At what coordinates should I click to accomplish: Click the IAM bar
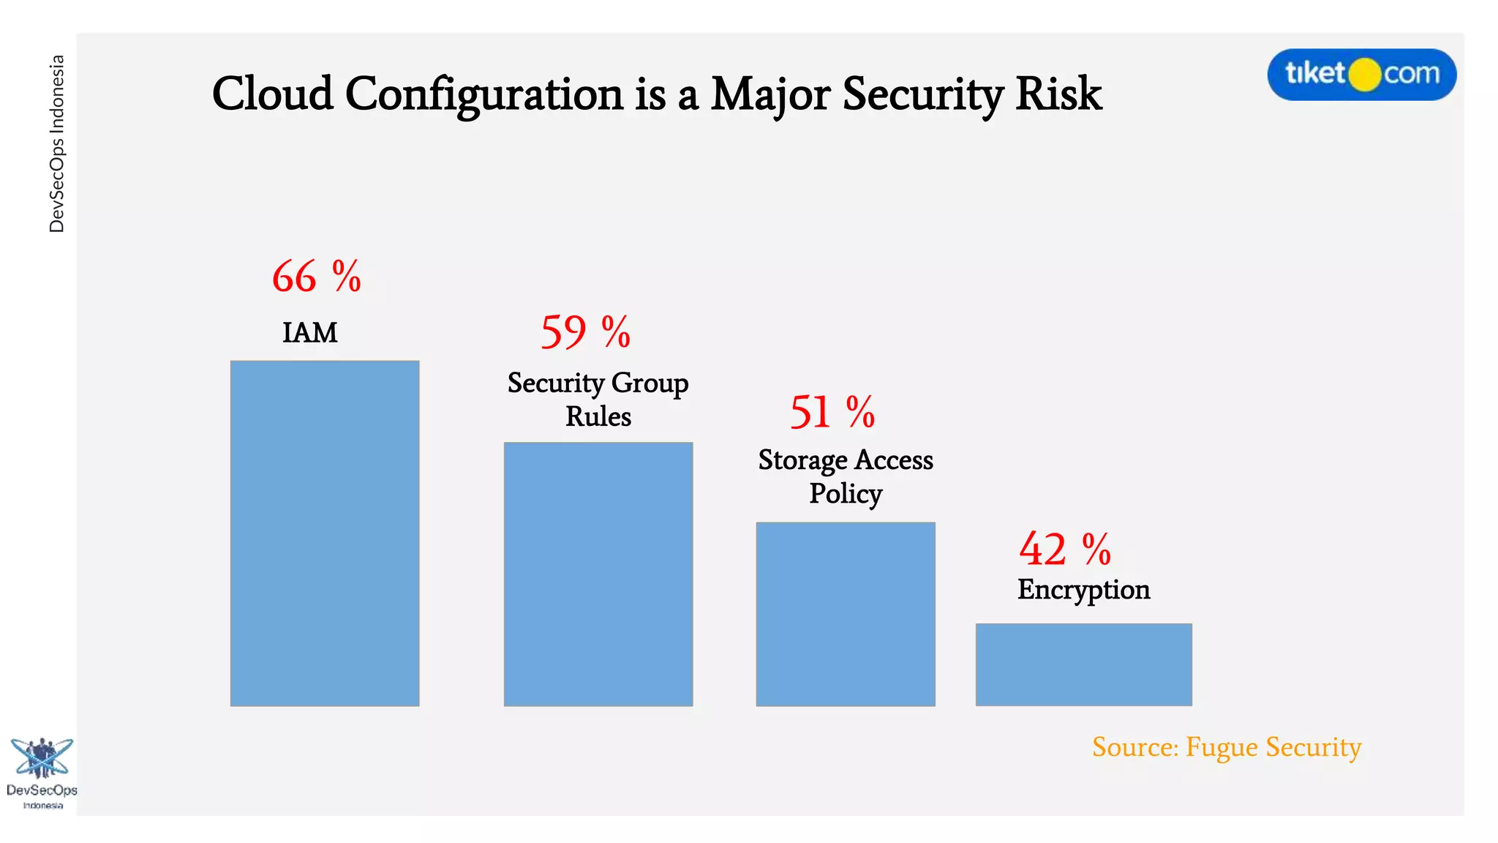[324, 533]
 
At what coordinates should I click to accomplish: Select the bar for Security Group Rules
[598, 574]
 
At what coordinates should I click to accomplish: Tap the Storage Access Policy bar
[845, 613]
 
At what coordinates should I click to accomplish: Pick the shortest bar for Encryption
[1083, 664]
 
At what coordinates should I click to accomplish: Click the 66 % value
[316, 277]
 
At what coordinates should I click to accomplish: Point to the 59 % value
[585, 332]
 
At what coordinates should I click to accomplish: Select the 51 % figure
[832, 412]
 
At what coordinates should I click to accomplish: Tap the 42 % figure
[1064, 549]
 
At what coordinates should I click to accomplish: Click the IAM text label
[309, 333]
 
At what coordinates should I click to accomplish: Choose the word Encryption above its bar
[1083, 590]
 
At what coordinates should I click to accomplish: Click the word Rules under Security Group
[598, 416]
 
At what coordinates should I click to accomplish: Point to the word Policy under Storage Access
[845, 494]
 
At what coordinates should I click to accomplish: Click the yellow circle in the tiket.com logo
[1363, 75]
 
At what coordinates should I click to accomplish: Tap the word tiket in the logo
[1314, 73]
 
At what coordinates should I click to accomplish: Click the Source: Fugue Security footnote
[1226, 747]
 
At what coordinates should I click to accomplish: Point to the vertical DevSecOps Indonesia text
[57, 143]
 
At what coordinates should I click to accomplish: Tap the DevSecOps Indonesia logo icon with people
[41, 758]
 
